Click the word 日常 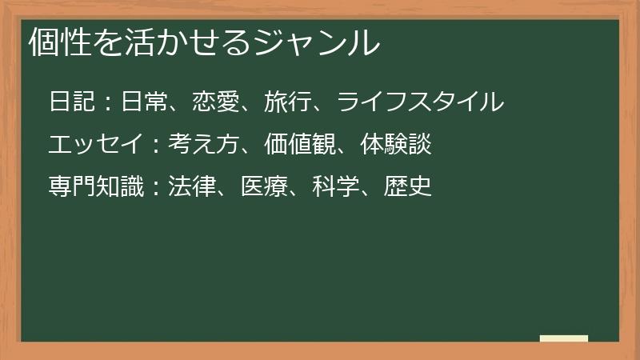click(x=145, y=102)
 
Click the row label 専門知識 click(x=96, y=187)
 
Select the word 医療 click(x=265, y=187)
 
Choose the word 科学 click(x=338, y=187)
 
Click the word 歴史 click(x=410, y=187)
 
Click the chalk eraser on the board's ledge click(x=564, y=338)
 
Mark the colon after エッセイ click(x=157, y=146)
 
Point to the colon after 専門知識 click(x=157, y=188)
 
